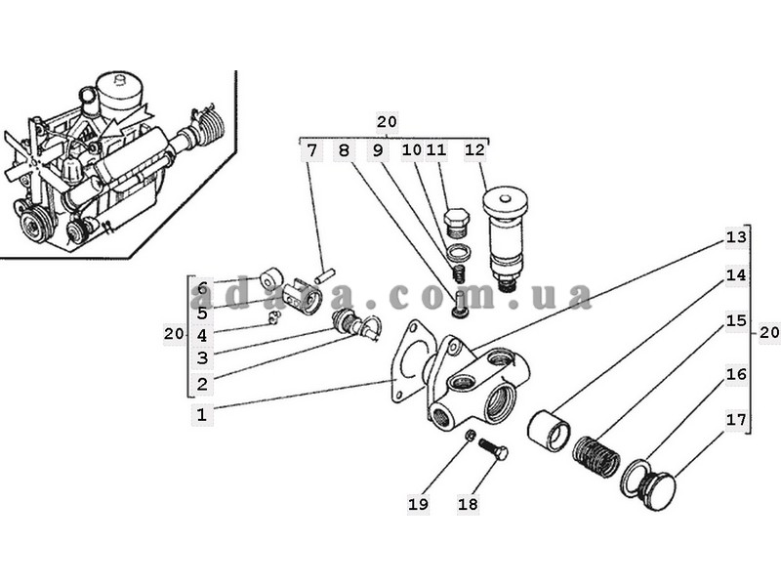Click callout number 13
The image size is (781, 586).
click(736, 237)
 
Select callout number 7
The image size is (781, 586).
click(311, 150)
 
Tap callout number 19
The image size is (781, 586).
click(419, 504)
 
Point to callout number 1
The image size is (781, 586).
click(202, 414)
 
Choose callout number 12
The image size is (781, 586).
click(474, 149)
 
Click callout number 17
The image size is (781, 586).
click(736, 420)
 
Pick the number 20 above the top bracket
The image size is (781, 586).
click(387, 121)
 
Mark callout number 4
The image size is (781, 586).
click(202, 336)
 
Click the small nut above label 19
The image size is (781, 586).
click(469, 437)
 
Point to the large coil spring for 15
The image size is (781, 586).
click(596, 454)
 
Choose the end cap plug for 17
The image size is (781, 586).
click(656, 490)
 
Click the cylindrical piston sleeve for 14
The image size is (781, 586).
click(549, 431)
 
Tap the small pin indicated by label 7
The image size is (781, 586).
click(325, 275)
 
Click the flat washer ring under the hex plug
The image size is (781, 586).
click(459, 253)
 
